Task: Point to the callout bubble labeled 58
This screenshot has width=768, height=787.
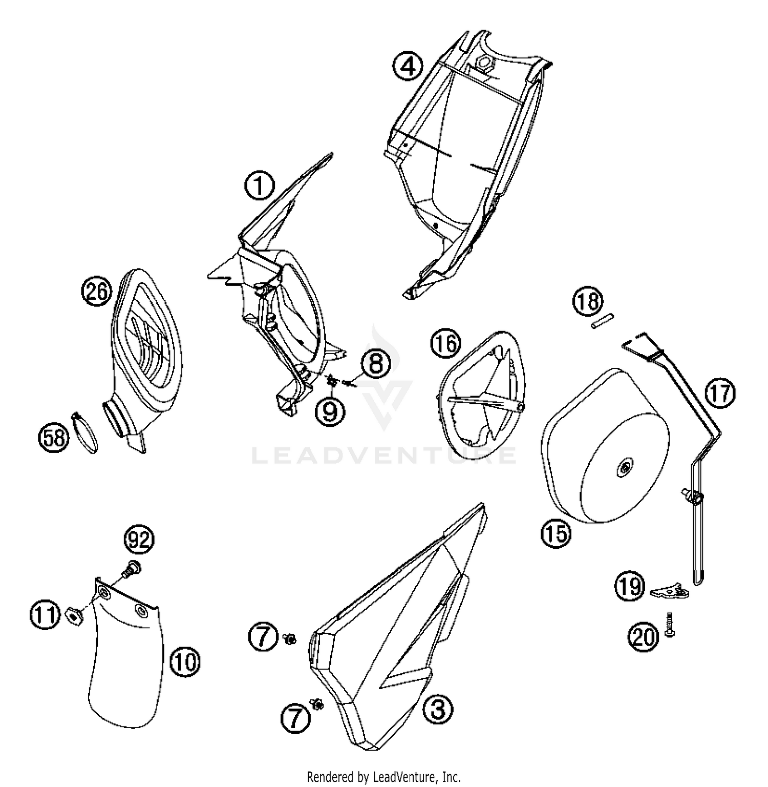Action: point(54,438)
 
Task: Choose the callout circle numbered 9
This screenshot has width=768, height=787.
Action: point(330,410)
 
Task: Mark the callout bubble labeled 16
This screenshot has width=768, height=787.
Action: point(446,343)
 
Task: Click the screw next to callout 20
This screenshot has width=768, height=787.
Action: point(670,624)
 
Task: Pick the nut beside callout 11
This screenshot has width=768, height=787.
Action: point(74,615)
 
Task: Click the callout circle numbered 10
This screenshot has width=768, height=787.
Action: point(185,663)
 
